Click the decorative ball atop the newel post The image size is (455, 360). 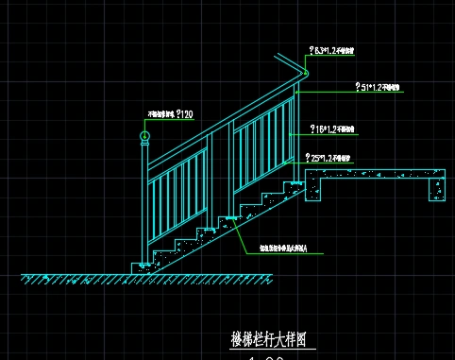point(144,138)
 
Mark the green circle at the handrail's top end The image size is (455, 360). point(306,75)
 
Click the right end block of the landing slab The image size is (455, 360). point(437,186)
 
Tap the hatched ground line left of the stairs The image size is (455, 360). point(76,277)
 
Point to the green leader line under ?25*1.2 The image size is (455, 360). point(330,164)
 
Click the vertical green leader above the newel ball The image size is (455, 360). point(144,126)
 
